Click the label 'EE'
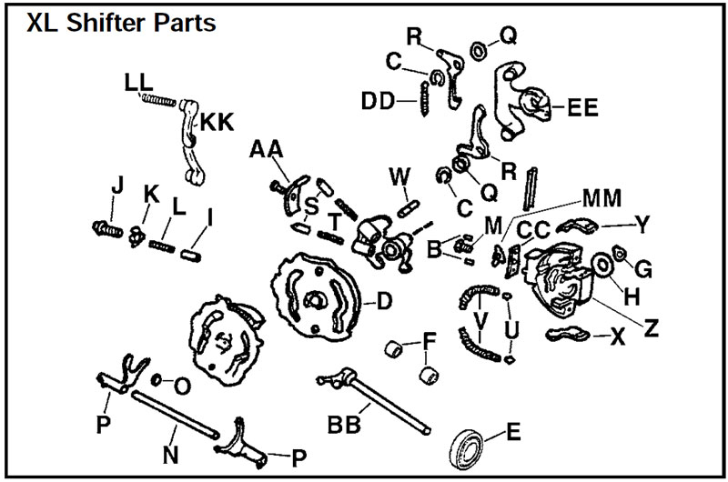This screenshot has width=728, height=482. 581,107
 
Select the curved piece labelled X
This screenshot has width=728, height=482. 569,335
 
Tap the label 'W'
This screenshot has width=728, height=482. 399,174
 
